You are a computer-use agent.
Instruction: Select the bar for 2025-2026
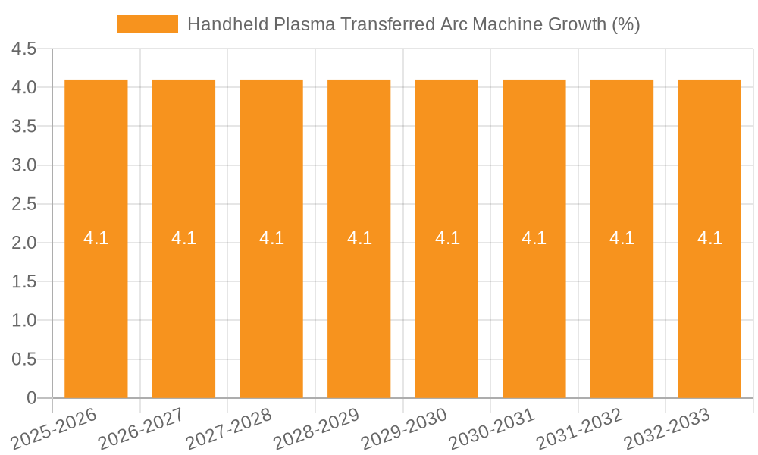pyautogui.click(x=96, y=303)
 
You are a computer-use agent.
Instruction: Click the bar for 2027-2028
pyautogui.click(x=271, y=303)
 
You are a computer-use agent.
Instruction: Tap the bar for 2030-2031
pyautogui.click(x=534, y=303)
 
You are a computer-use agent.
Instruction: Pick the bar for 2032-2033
pyautogui.click(x=709, y=303)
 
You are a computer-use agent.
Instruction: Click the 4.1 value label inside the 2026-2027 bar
pyautogui.click(x=183, y=238)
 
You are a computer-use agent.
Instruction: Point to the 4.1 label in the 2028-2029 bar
pyautogui.click(x=359, y=238)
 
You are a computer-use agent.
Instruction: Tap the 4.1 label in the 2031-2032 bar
pyautogui.click(x=622, y=238)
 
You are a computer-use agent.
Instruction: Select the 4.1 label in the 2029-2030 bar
pyautogui.click(x=447, y=238)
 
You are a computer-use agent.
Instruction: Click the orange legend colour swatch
pyautogui.click(x=148, y=24)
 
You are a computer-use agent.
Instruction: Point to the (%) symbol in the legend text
pyautogui.click(x=625, y=24)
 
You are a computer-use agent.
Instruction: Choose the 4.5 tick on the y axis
pyautogui.click(x=24, y=49)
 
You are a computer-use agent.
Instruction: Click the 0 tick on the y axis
pyautogui.click(x=31, y=398)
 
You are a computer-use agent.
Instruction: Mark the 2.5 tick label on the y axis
pyautogui.click(x=24, y=204)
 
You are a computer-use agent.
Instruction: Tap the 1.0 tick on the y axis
pyautogui.click(x=24, y=321)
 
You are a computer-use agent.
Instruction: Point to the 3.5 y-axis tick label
pyautogui.click(x=24, y=127)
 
